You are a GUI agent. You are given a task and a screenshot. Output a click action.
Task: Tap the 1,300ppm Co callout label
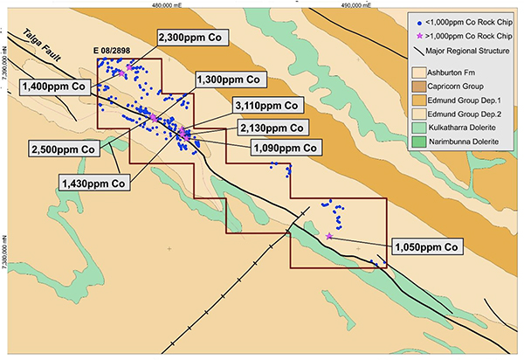pyautogui.click(x=229, y=80)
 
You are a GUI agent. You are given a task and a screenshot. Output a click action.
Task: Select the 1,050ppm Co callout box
pyautogui.click(x=426, y=247)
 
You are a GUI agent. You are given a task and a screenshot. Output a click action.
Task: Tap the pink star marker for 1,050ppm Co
pyautogui.click(x=329, y=236)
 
